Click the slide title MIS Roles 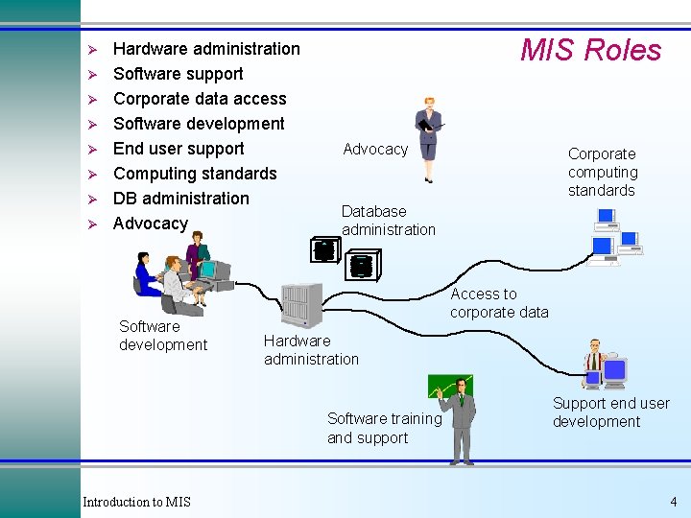pyautogui.click(x=590, y=50)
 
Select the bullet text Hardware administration pyautogui.click(x=206, y=49)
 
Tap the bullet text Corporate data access pyautogui.click(x=200, y=99)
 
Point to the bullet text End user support pyautogui.click(x=179, y=149)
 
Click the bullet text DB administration pyautogui.click(x=180, y=199)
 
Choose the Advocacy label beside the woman pyautogui.click(x=375, y=149)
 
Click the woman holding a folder pyautogui.click(x=427, y=138)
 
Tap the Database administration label pyautogui.click(x=388, y=221)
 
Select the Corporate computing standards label pyautogui.click(x=602, y=172)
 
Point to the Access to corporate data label pyautogui.click(x=499, y=303)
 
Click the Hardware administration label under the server pyautogui.click(x=311, y=350)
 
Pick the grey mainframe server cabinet pyautogui.click(x=300, y=306)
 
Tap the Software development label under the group pyautogui.click(x=163, y=336)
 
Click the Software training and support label pyautogui.click(x=384, y=429)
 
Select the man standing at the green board pyautogui.click(x=462, y=418)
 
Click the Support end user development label pyautogui.click(x=610, y=412)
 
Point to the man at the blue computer pyautogui.click(x=597, y=360)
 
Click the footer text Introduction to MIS pyautogui.click(x=136, y=502)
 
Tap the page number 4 pyautogui.click(x=673, y=502)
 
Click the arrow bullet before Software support pyautogui.click(x=93, y=74)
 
